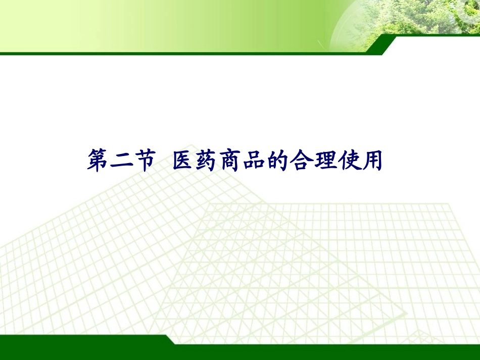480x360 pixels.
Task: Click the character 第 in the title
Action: (x=100, y=161)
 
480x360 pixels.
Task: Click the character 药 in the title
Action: (x=208, y=161)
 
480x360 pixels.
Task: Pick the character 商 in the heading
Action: (x=232, y=161)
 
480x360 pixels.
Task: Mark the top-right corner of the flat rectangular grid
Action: (x=448, y=204)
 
